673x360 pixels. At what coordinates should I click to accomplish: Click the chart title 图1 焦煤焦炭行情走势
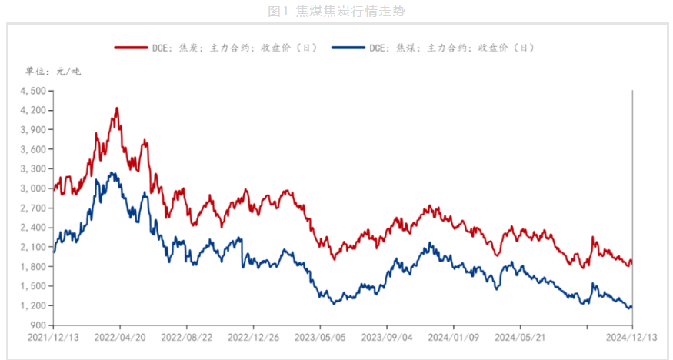pos(337,11)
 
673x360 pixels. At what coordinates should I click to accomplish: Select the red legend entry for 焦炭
pos(216,48)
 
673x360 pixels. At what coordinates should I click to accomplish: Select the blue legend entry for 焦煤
pos(434,48)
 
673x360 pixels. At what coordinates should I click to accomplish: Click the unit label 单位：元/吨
pos(53,72)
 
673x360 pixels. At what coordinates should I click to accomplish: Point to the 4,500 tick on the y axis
pos(33,91)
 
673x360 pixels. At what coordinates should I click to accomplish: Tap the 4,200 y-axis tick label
pos(33,110)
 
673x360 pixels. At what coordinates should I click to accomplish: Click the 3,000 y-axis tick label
pos(33,188)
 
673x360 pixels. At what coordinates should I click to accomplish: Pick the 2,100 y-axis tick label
pos(33,247)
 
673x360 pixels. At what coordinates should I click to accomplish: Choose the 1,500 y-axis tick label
pos(33,286)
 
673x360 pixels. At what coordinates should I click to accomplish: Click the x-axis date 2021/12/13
pos(53,337)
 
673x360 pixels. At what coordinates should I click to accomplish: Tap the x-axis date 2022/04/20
pos(119,337)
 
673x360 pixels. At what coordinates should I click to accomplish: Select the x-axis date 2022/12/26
pos(253,337)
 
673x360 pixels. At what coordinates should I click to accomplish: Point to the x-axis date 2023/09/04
pos(386,337)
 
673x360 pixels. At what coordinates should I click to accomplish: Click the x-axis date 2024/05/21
pos(519,337)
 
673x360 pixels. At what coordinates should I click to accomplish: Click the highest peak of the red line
pos(117,108)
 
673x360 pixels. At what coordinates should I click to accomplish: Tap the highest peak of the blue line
pos(112,173)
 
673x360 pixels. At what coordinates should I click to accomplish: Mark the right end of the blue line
pos(631,307)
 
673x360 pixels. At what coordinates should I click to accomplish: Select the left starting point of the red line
pos(54,186)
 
